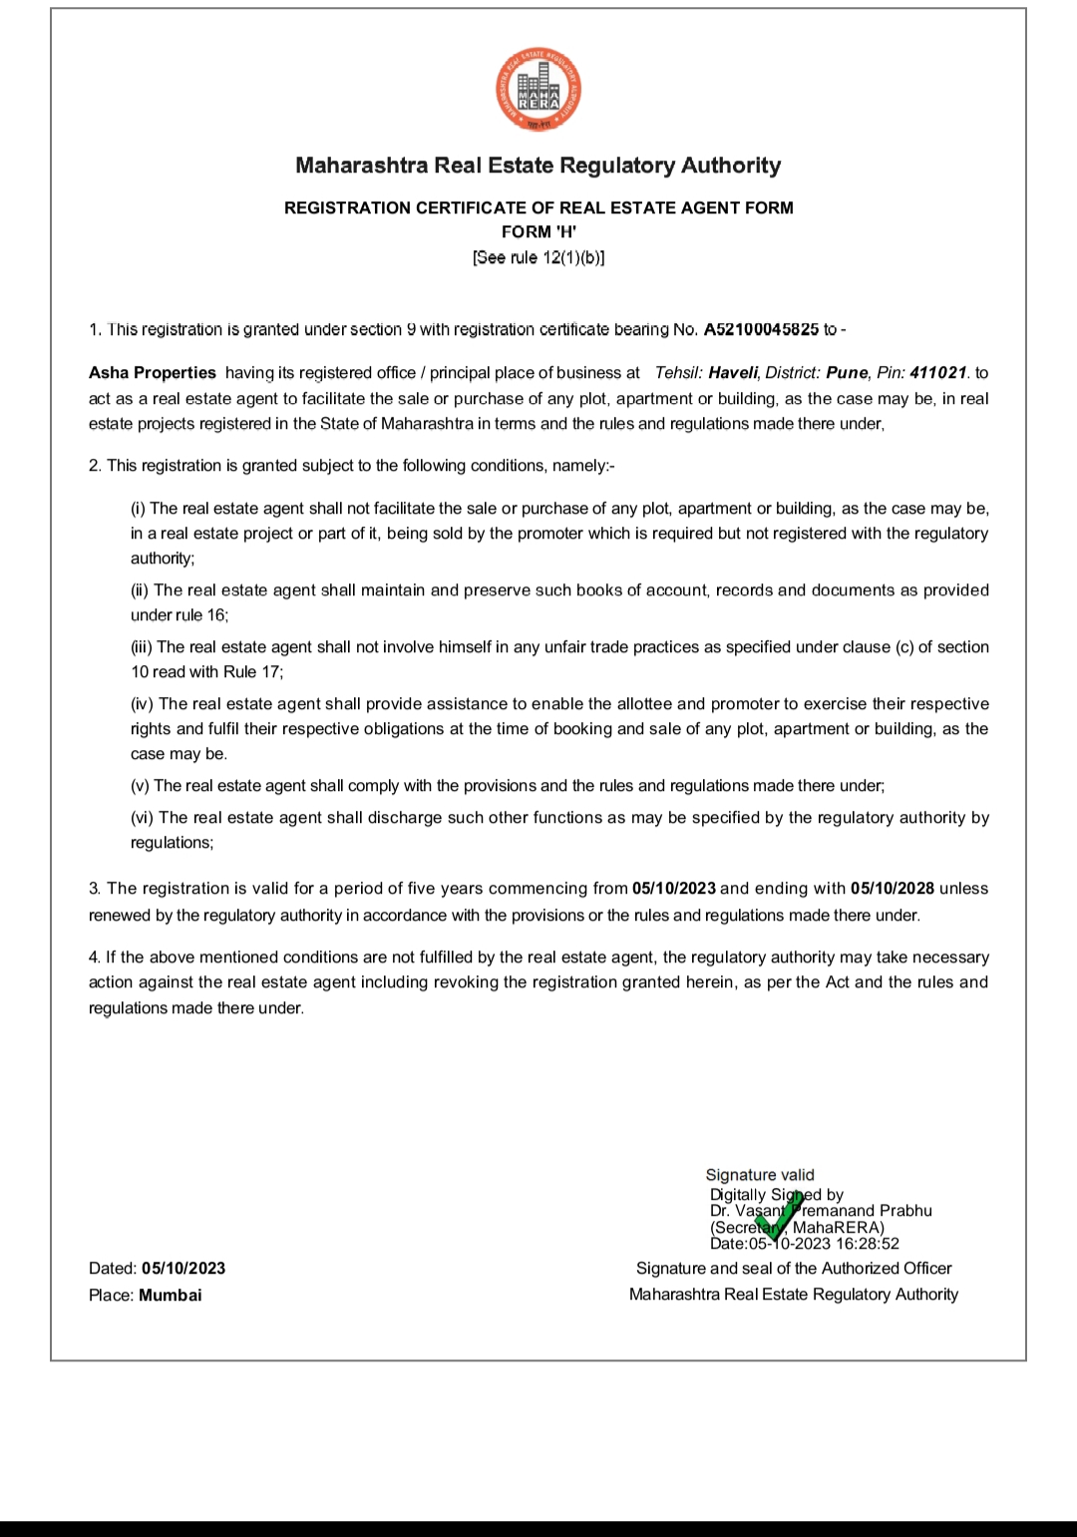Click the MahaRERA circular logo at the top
(538, 91)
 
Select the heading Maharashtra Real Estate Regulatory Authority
(538, 166)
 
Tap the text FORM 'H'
(538, 231)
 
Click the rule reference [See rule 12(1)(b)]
(538, 257)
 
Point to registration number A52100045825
(761, 329)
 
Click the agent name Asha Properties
(153, 373)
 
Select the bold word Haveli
(733, 373)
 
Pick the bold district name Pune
(847, 373)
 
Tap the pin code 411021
(937, 373)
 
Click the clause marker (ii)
(141, 590)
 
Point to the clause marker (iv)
(143, 704)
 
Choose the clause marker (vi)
(143, 818)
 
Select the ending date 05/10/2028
(893, 889)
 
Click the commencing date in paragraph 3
(674, 889)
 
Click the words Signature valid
(760, 1175)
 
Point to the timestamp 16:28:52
(868, 1244)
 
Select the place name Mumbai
(171, 1296)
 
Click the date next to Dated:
(183, 1269)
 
